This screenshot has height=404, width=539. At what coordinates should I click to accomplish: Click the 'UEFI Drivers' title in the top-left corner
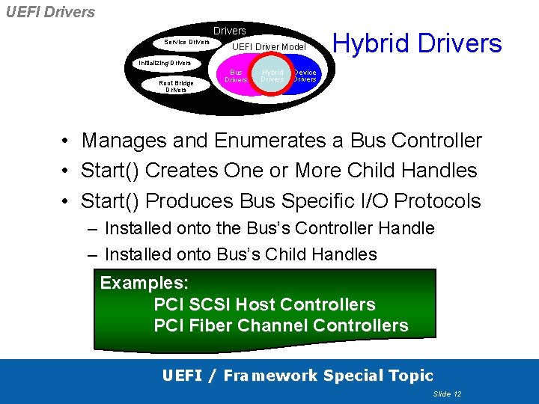50,12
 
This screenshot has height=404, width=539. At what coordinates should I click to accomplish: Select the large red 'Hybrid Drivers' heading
417,43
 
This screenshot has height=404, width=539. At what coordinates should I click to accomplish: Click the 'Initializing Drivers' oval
165,63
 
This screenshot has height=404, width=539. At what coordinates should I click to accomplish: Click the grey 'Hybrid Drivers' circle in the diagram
272,76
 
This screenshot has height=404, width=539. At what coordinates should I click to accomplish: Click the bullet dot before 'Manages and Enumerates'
67,141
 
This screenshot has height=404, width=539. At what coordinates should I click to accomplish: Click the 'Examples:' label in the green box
144,283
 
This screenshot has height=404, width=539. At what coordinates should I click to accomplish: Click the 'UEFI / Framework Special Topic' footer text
298,376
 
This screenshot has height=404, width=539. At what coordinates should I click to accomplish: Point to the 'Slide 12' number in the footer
447,394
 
